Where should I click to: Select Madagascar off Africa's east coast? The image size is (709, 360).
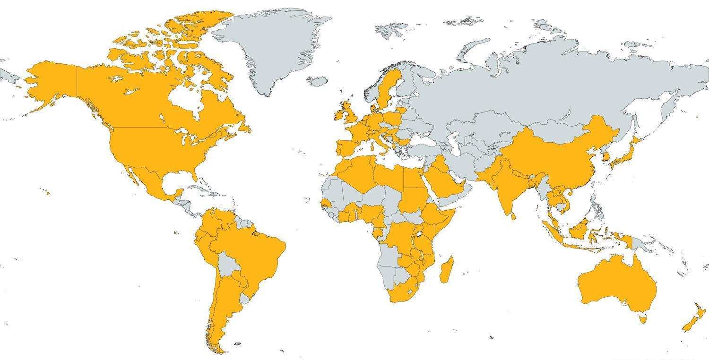coord(447,270)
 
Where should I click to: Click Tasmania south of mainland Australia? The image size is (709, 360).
coord(642,319)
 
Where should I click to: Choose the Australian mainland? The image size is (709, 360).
coord(614,283)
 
